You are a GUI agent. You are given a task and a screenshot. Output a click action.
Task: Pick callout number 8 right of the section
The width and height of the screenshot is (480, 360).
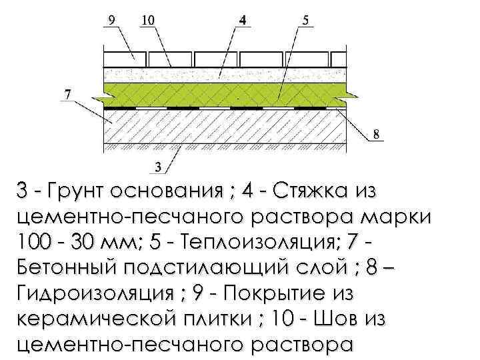[x=377, y=134]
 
